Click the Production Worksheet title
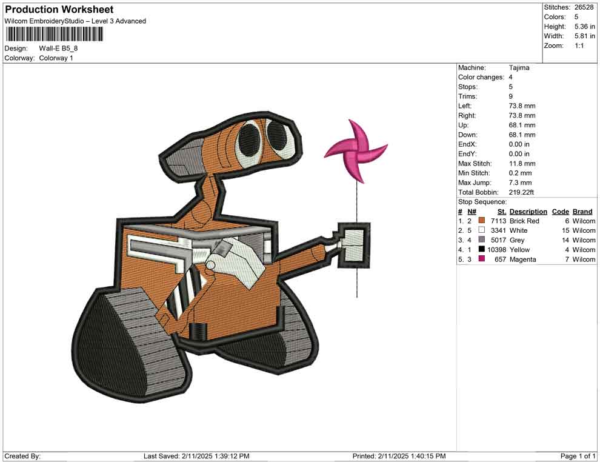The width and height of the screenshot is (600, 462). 59,10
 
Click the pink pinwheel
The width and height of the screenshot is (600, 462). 355,152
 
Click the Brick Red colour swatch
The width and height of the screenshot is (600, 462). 482,221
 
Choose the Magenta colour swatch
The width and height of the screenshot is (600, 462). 482,259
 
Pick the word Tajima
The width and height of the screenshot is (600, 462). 519,68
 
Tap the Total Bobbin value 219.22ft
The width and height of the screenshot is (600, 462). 521,192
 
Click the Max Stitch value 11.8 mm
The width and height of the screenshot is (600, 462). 522,164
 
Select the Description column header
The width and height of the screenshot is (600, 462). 528,212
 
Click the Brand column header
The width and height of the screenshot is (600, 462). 582,212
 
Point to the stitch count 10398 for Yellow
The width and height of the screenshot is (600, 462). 496,250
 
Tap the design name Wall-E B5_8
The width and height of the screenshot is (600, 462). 59,49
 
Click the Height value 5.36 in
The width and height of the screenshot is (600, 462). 584,27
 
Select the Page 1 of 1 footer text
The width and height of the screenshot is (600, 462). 578,456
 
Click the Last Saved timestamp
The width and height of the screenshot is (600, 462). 196,456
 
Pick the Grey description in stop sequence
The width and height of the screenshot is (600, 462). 517,240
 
